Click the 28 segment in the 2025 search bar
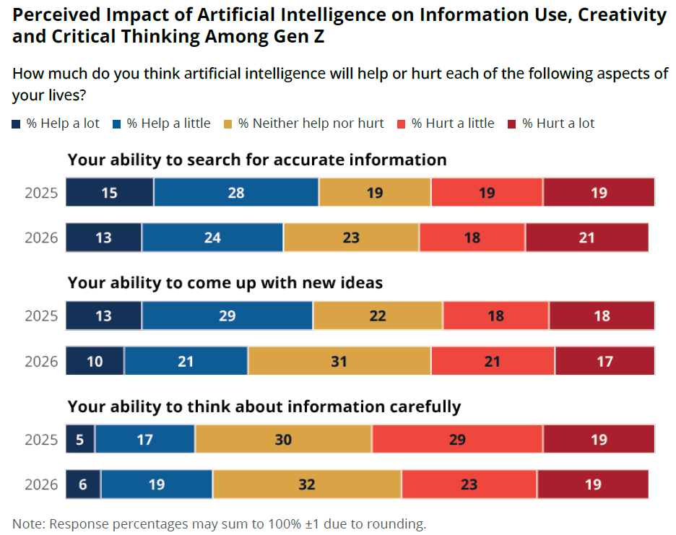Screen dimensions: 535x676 click(x=235, y=193)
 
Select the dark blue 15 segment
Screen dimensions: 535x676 click(x=109, y=193)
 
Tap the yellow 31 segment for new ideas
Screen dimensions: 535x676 click(x=339, y=361)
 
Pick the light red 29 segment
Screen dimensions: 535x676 click(x=456, y=439)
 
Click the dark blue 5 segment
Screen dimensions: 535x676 click(x=80, y=439)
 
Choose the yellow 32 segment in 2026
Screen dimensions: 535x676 click(x=307, y=484)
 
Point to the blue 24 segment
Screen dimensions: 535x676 click(x=212, y=237)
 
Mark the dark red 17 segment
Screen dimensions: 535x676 click(x=604, y=361)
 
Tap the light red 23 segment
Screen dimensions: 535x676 click(x=469, y=484)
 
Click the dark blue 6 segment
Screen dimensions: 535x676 click(x=83, y=484)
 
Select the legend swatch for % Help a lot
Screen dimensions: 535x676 click(x=17, y=123)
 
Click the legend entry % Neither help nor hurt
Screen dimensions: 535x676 click(x=311, y=123)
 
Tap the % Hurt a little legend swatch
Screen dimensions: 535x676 click(x=402, y=123)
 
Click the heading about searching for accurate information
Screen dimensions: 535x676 click(x=257, y=160)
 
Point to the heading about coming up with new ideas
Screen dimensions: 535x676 click(x=225, y=283)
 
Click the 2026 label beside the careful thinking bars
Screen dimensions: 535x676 click(x=41, y=484)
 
